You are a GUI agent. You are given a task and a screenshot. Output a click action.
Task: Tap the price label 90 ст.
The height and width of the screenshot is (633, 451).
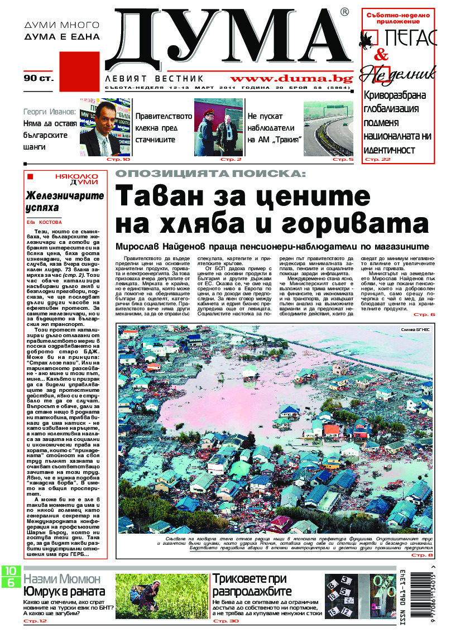(39, 78)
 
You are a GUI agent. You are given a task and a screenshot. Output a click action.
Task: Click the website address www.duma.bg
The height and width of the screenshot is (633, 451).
(292, 79)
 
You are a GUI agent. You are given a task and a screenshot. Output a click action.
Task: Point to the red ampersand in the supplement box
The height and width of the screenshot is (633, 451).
(381, 55)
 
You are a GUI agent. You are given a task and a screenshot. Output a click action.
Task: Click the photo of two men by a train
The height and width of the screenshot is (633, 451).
(218, 127)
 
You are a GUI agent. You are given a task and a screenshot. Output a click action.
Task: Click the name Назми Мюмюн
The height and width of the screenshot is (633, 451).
(62, 578)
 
